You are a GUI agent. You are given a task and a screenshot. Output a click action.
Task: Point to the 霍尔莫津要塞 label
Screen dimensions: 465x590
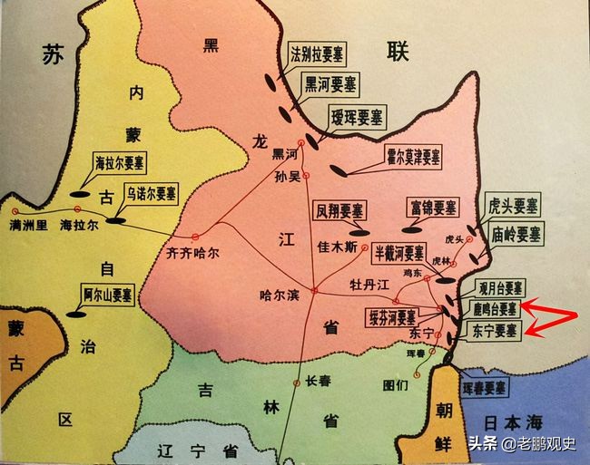coord(408,156)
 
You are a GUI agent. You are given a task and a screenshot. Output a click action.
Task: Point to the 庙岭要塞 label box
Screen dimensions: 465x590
coord(516,233)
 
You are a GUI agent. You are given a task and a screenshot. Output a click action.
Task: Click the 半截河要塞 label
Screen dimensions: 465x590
coord(400,254)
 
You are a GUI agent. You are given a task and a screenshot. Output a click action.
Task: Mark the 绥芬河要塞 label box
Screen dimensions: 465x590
coord(392,317)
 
